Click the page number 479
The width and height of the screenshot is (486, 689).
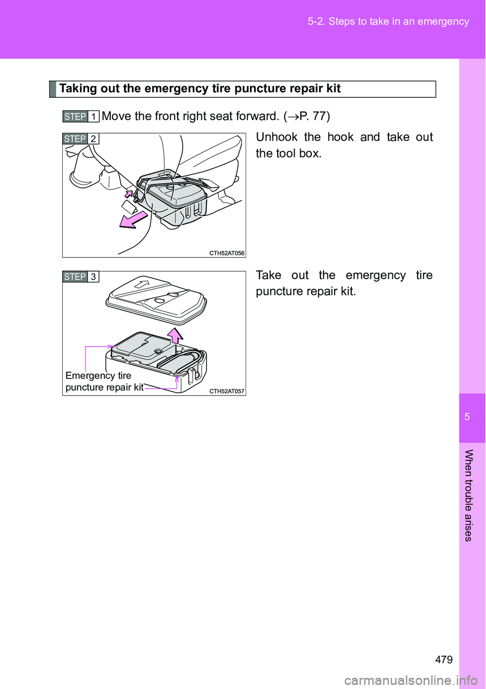click(x=443, y=659)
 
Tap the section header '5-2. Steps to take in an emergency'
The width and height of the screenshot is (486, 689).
click(x=388, y=21)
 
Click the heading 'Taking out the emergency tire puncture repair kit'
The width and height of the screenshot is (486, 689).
click(x=199, y=89)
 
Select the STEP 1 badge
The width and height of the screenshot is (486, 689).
click(x=80, y=117)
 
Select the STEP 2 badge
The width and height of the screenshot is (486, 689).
click(x=80, y=139)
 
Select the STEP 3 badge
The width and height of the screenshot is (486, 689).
click(x=80, y=277)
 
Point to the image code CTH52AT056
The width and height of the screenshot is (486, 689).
click(x=227, y=253)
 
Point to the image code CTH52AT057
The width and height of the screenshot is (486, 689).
click(x=227, y=391)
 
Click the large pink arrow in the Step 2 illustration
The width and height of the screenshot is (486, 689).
click(x=133, y=220)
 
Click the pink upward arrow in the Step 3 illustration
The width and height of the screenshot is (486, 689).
click(x=175, y=335)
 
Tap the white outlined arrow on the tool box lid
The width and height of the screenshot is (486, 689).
click(x=142, y=284)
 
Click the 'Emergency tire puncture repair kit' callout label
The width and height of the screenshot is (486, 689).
click(x=104, y=381)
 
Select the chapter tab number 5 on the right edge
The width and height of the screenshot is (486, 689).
click(x=467, y=417)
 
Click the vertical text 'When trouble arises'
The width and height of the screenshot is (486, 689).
click(x=468, y=495)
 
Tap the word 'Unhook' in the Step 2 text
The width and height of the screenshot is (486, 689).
click(x=276, y=137)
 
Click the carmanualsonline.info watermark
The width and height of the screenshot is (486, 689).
click(x=411, y=680)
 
